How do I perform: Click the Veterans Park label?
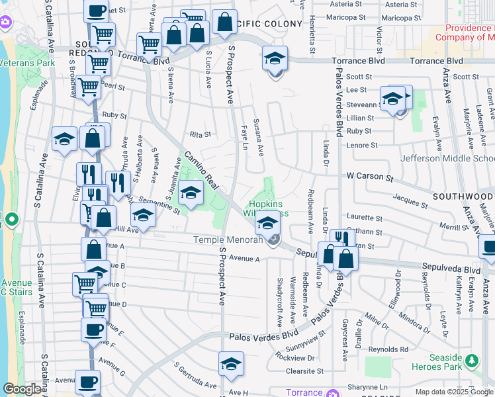pyautogui.click(x=27, y=64)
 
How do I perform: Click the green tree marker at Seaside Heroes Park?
pyautogui.click(x=471, y=361)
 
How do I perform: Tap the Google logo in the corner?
pyautogui.click(x=22, y=389)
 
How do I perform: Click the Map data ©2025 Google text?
pyautogui.click(x=454, y=392)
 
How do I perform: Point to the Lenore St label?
pyautogui.click(x=362, y=145)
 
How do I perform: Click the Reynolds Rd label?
pyautogui.click(x=389, y=349)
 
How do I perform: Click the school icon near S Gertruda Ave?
pyautogui.click(x=230, y=363)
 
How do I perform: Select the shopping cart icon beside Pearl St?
pyautogui.click(x=88, y=87)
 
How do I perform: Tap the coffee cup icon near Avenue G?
pyautogui.click(x=87, y=381)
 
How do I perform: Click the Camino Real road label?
pyautogui.click(x=201, y=171)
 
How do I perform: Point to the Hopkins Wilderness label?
pyautogui.click(x=268, y=208)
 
